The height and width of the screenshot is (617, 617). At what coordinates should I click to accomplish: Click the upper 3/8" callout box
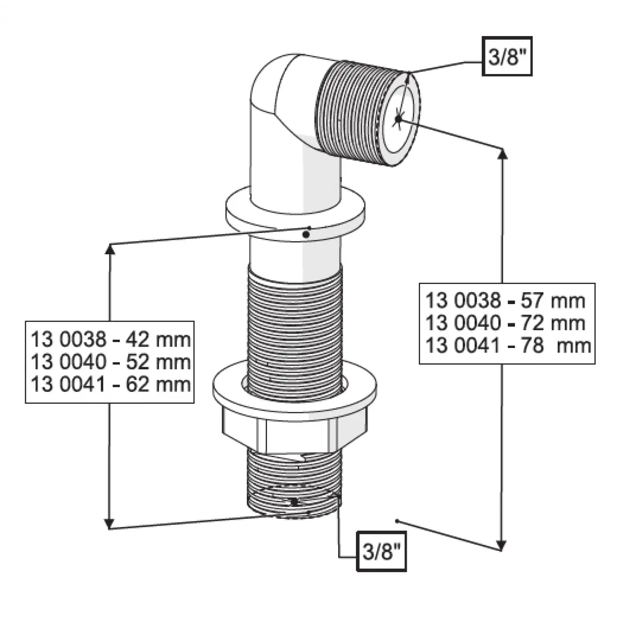pos(507,56)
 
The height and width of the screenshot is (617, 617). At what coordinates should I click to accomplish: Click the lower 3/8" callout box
pos(382,551)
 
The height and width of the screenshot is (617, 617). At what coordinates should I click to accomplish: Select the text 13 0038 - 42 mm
pos(111,340)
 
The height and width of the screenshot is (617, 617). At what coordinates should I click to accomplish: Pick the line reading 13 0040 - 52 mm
pos(111,362)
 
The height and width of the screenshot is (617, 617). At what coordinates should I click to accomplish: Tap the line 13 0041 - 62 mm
pos(111,384)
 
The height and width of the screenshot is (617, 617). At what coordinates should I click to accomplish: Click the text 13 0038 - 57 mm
pos(505,301)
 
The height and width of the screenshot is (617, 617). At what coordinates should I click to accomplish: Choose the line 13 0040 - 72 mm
pos(505,323)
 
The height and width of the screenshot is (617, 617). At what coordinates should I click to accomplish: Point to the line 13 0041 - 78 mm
pos(508,346)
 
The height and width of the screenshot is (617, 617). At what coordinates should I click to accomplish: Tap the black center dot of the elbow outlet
pos(398,119)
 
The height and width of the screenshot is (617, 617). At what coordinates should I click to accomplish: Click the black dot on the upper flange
pos(306,234)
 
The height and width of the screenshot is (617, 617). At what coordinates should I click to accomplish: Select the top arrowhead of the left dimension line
pos(110,249)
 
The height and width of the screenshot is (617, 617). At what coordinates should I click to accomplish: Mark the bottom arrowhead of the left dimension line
pos(109,523)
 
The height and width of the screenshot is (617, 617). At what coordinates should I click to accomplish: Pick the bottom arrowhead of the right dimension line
pos(501,545)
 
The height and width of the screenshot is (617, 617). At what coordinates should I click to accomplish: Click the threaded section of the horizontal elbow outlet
pos(350,112)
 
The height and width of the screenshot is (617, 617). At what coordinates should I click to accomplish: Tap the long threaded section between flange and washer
pos(295,333)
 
